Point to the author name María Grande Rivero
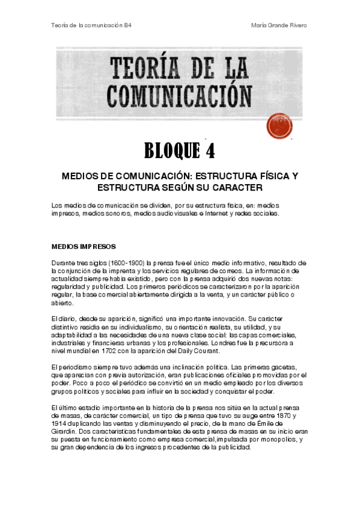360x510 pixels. pyautogui.click(x=281, y=25)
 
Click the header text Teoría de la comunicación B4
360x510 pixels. pyautogui.click(x=91, y=25)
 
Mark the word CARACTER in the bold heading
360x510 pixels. pyautogui.click(x=233, y=188)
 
